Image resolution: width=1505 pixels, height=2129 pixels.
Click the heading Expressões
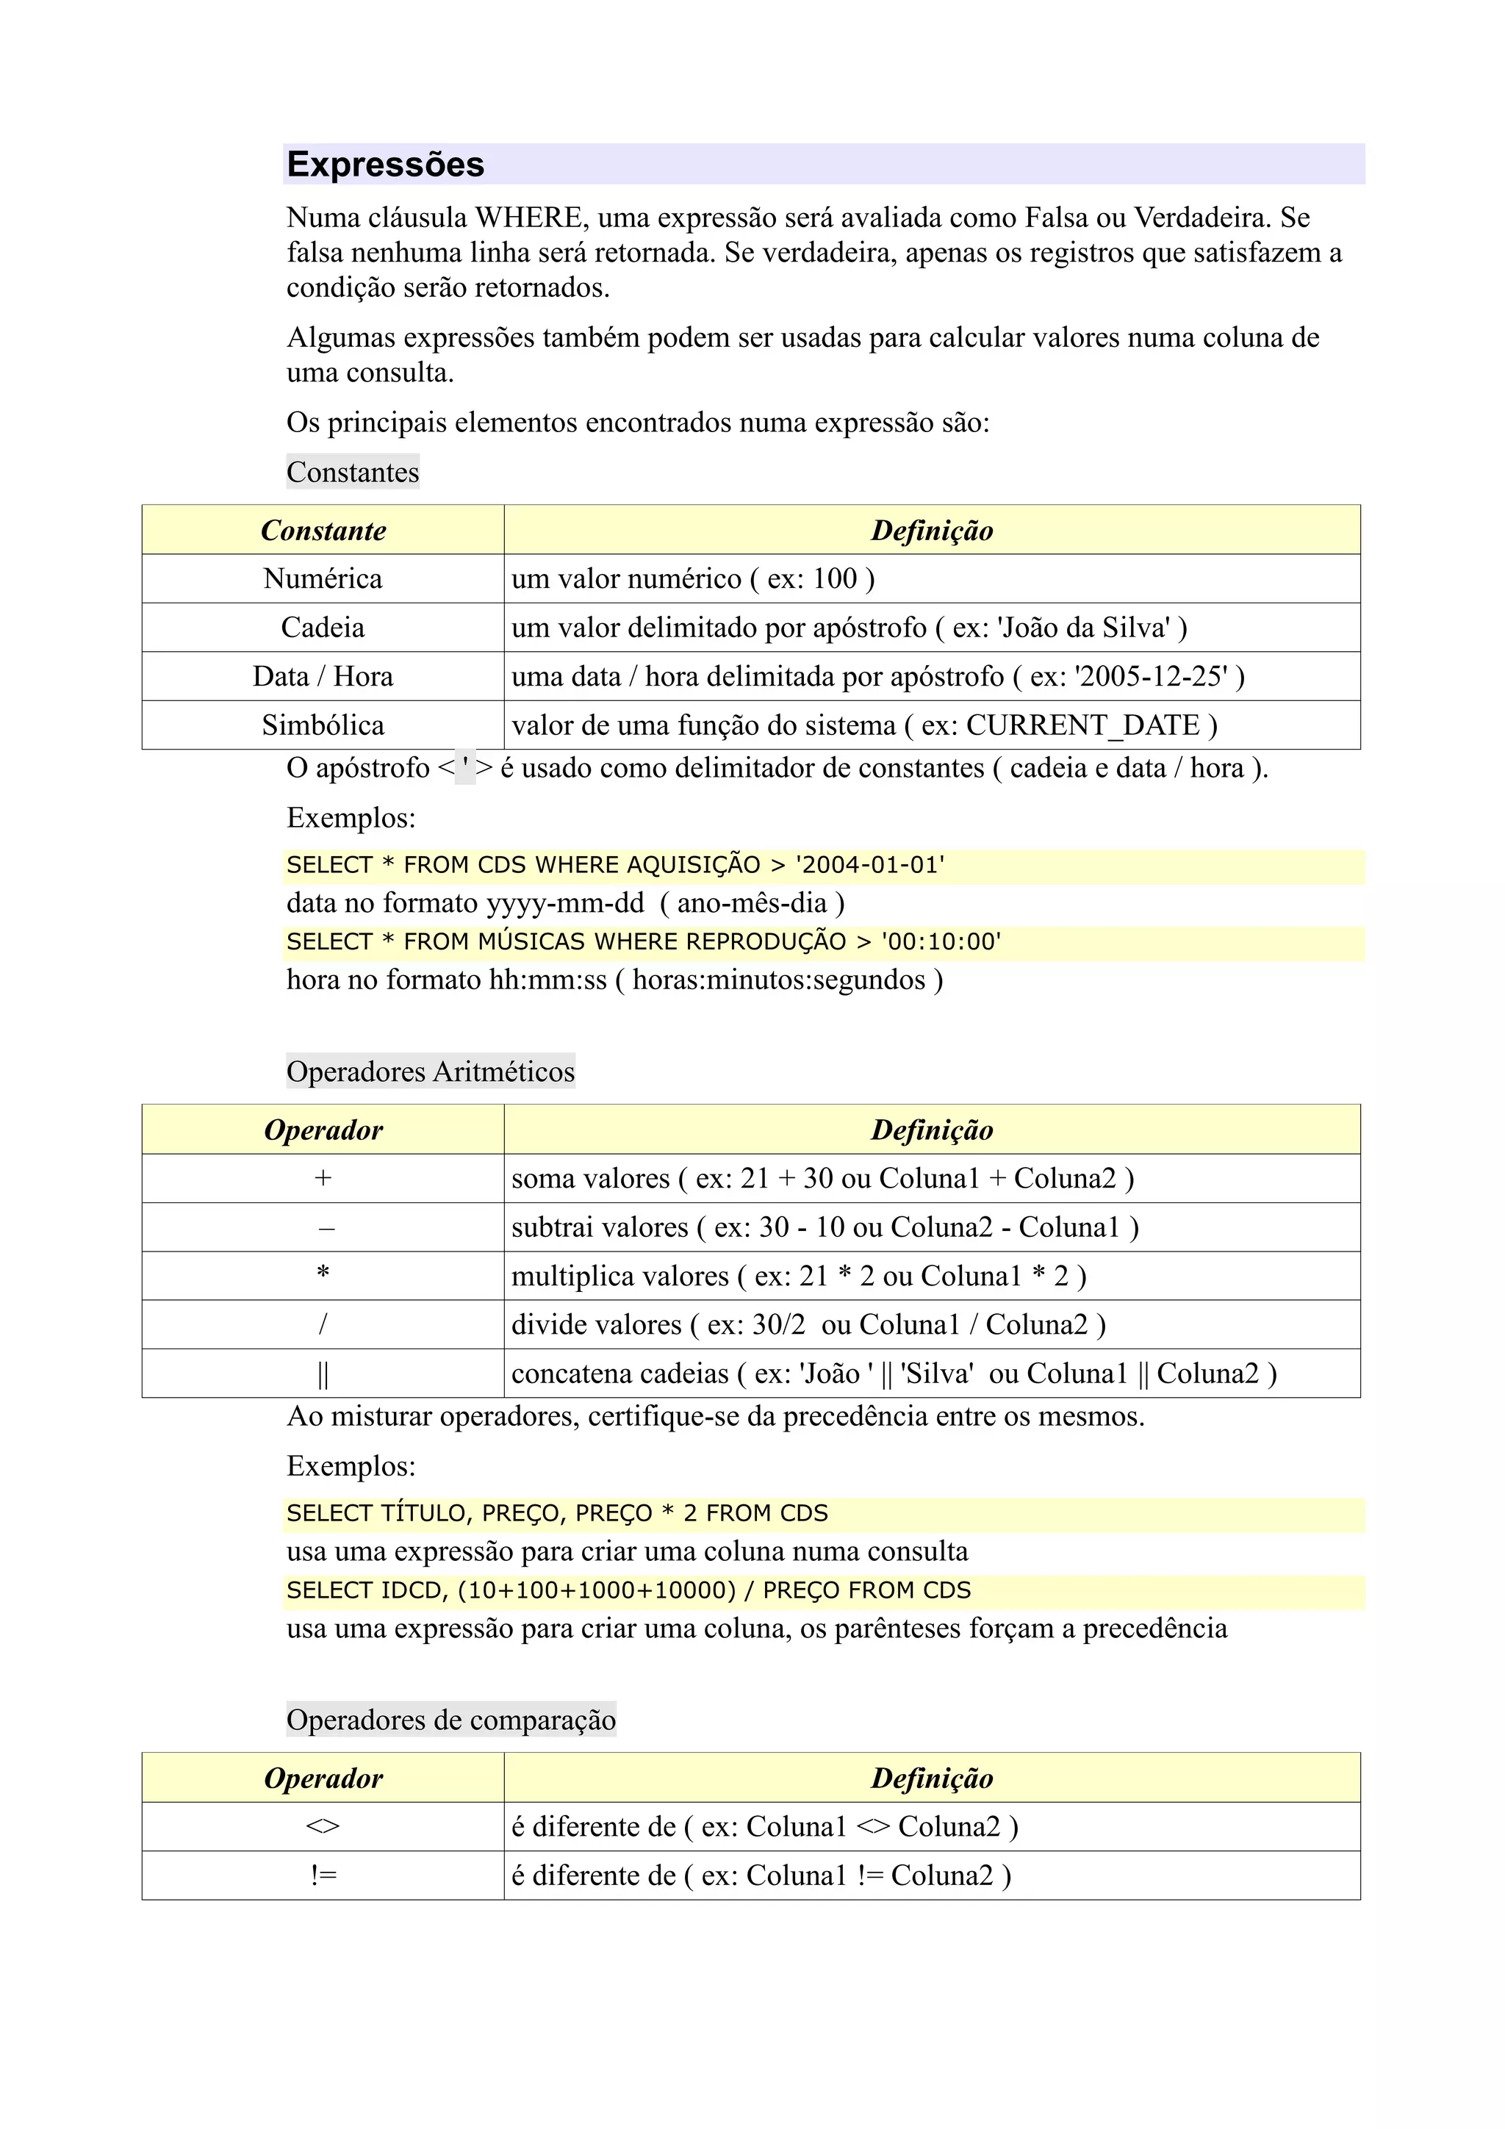coord(386,164)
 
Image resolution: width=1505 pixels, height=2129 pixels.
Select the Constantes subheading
coord(353,472)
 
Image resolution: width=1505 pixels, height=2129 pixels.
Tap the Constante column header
coord(323,531)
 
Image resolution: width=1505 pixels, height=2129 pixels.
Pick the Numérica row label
coord(323,578)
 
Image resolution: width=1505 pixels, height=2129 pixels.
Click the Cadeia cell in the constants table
coord(323,628)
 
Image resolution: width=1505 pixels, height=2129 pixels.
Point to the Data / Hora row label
coord(323,676)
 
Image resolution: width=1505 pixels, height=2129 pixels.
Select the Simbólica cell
coord(323,725)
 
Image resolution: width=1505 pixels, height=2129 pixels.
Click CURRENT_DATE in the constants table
coord(1082,725)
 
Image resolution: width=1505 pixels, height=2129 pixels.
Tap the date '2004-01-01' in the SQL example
coord(870,865)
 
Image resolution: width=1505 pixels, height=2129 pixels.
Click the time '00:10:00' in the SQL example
coord(941,942)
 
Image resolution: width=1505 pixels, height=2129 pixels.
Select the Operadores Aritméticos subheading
coord(431,1072)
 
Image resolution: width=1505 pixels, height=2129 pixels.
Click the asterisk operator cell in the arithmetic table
coord(323,1274)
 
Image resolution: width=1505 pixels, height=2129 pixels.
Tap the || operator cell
coord(323,1374)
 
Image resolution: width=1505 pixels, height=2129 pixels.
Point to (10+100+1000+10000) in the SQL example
coord(596,1590)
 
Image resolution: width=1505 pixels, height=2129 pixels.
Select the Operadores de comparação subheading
coord(450,1720)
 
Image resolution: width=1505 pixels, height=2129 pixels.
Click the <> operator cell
coord(323,1827)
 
